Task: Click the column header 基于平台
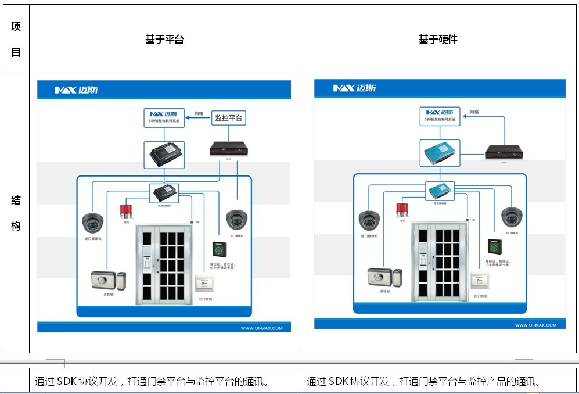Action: pyautogui.click(x=164, y=40)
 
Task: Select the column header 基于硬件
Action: pyautogui.click(x=438, y=40)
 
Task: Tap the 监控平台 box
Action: pyautogui.click(x=228, y=118)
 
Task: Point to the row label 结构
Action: pyautogui.click(x=16, y=213)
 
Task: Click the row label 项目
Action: pyautogui.click(x=16, y=40)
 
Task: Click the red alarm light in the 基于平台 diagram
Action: pyautogui.click(x=123, y=210)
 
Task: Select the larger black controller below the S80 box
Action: pyautogui.click(x=164, y=155)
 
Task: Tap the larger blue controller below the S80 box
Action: pyautogui.click(x=440, y=153)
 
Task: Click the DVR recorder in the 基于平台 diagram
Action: pyautogui.click(x=229, y=148)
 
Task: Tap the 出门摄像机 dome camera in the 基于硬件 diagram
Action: pyautogui.click(x=512, y=218)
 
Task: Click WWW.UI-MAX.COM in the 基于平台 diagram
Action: pyautogui.click(x=261, y=328)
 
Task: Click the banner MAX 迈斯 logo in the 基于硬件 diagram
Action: pyautogui.click(x=355, y=88)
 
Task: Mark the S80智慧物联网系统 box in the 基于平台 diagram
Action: pyautogui.click(x=164, y=117)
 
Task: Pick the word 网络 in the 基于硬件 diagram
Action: pyautogui.click(x=474, y=112)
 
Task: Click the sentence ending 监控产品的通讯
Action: pyautogui.click(x=423, y=382)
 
